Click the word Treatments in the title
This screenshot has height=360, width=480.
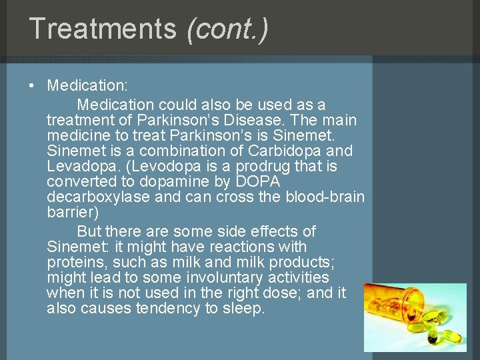103,29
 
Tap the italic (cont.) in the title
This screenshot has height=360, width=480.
227,29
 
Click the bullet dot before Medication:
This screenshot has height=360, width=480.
33,86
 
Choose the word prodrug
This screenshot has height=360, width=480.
255,166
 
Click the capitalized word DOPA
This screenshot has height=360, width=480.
258,181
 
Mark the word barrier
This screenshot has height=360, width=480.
71,212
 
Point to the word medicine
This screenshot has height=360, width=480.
79,136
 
